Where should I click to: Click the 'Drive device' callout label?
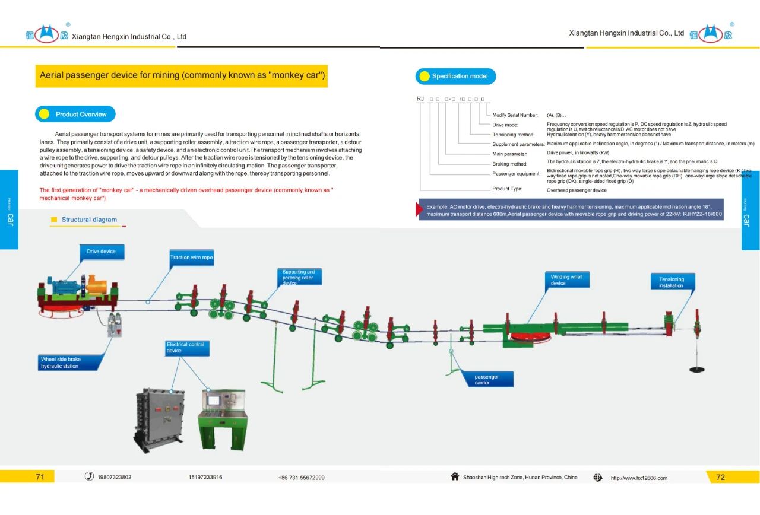(x=102, y=252)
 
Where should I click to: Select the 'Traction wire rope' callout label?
(x=191, y=257)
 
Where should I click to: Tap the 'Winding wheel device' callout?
(x=568, y=280)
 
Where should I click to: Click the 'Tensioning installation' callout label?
(x=672, y=282)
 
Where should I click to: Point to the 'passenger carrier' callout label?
(x=492, y=380)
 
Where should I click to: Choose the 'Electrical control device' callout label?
(x=188, y=348)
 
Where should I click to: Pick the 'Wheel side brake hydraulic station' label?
(x=70, y=363)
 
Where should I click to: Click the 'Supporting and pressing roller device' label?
(x=301, y=277)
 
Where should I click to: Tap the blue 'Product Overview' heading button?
(x=75, y=114)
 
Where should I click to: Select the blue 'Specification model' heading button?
(x=455, y=76)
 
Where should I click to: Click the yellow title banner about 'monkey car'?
(x=182, y=76)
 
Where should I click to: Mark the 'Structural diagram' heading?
(x=89, y=220)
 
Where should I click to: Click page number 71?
(x=40, y=476)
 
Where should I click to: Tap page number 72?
(x=720, y=477)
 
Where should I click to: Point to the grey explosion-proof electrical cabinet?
(x=159, y=419)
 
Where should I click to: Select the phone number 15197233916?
(x=205, y=477)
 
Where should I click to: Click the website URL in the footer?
(x=639, y=478)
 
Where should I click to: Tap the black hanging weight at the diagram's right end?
(x=697, y=369)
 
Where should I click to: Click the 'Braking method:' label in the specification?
(x=509, y=164)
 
